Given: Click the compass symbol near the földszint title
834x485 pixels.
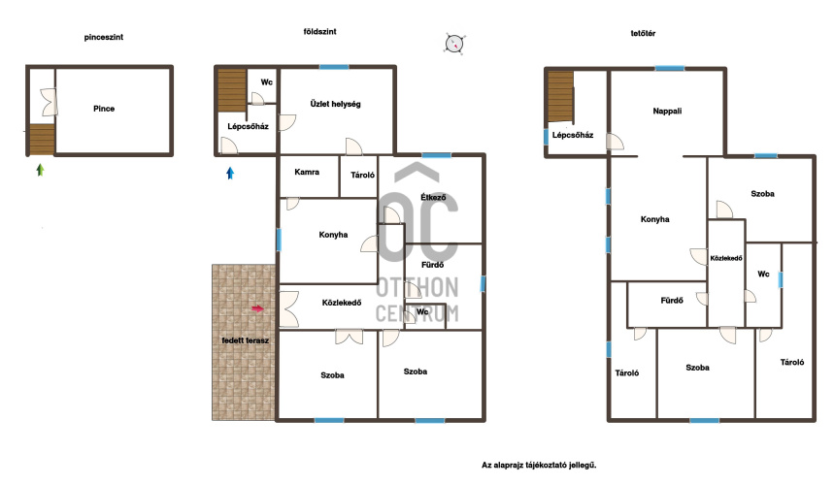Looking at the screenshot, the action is pyautogui.click(x=454, y=43).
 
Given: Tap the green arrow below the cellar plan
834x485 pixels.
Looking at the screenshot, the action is pyautogui.click(x=40, y=170).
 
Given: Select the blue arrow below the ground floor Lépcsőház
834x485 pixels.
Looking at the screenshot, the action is pyautogui.click(x=230, y=173).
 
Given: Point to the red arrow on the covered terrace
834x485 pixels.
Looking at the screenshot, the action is pyautogui.click(x=257, y=308).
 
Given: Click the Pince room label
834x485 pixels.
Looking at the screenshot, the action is pyautogui.click(x=104, y=109).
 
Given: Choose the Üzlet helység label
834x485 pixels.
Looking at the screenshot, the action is pyautogui.click(x=335, y=104).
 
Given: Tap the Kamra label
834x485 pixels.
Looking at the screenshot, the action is pyautogui.click(x=307, y=172).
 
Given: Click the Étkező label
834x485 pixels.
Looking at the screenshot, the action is pyautogui.click(x=433, y=197).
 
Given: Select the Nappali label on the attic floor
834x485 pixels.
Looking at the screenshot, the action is pyautogui.click(x=667, y=111).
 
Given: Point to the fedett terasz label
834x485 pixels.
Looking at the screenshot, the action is pyautogui.click(x=246, y=340).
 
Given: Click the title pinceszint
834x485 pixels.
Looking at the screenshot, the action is pyautogui.click(x=104, y=37).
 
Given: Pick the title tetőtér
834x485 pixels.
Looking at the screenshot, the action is pyautogui.click(x=643, y=34).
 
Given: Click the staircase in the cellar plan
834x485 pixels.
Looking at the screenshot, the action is pyautogui.click(x=42, y=139).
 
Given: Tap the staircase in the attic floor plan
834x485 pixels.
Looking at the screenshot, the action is pyautogui.click(x=560, y=97).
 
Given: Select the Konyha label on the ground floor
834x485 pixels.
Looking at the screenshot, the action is pyautogui.click(x=333, y=235).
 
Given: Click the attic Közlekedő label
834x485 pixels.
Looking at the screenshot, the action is pyautogui.click(x=726, y=258).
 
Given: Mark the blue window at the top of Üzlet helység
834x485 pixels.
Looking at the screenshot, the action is pyautogui.click(x=334, y=67).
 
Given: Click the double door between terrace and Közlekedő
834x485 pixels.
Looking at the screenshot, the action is pyautogui.click(x=288, y=309).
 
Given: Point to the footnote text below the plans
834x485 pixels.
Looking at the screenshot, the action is pyautogui.click(x=539, y=465).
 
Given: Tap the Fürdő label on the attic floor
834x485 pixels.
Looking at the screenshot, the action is pyautogui.click(x=672, y=301).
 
